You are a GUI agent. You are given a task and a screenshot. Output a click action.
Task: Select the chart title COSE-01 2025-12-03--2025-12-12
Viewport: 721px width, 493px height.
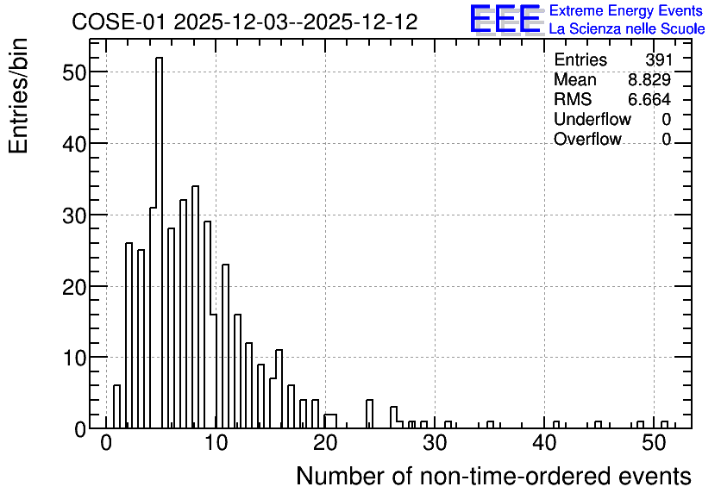click(x=245, y=22)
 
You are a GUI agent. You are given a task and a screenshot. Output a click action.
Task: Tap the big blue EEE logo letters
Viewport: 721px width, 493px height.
click(x=505, y=19)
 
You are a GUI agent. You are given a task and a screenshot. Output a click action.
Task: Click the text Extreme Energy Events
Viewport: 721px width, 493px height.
click(x=626, y=10)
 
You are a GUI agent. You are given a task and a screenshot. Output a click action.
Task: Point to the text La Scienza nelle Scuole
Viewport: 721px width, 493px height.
click(x=627, y=29)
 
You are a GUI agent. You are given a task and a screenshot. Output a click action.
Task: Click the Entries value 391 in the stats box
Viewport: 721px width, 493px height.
click(x=659, y=59)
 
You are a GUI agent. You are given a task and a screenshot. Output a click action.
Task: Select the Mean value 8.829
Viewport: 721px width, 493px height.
click(x=649, y=79)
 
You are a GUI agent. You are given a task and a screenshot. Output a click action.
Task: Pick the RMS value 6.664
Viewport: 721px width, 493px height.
click(x=649, y=99)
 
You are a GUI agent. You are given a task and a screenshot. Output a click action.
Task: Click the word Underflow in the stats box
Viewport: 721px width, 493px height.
click(x=592, y=119)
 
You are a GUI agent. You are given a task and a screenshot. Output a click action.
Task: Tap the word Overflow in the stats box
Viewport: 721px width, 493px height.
click(x=587, y=139)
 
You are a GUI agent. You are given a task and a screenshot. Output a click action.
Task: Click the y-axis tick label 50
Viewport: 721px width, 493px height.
click(x=74, y=72)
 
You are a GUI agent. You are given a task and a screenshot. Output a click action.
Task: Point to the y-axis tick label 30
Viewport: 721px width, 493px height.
click(x=74, y=215)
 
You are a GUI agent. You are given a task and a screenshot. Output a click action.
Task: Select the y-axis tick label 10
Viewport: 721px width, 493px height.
click(x=74, y=358)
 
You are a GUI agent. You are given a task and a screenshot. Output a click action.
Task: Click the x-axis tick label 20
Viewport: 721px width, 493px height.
click(x=325, y=443)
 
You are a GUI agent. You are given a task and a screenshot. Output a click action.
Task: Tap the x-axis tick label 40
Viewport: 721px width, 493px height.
click(x=544, y=443)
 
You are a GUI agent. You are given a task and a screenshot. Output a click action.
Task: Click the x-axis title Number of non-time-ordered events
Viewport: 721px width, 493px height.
click(x=493, y=476)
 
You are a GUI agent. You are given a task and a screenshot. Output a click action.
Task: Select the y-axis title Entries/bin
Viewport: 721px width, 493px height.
click(x=18, y=96)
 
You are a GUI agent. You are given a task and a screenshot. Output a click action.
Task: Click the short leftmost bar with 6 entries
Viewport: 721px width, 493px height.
click(x=116, y=407)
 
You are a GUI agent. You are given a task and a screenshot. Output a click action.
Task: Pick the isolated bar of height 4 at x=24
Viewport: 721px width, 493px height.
click(x=369, y=414)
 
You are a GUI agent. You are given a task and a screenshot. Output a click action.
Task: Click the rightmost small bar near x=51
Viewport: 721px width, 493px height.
click(x=664, y=425)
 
